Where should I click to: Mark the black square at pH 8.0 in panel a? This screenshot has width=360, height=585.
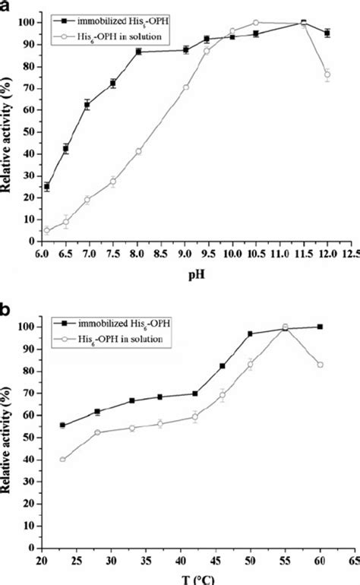[x=138, y=51]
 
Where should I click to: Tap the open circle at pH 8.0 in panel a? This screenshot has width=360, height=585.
[x=138, y=151]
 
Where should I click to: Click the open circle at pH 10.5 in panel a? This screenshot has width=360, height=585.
[x=256, y=23]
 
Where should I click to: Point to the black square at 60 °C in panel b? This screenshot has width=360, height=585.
[x=320, y=327]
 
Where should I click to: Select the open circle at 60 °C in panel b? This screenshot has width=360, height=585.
[x=320, y=365]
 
